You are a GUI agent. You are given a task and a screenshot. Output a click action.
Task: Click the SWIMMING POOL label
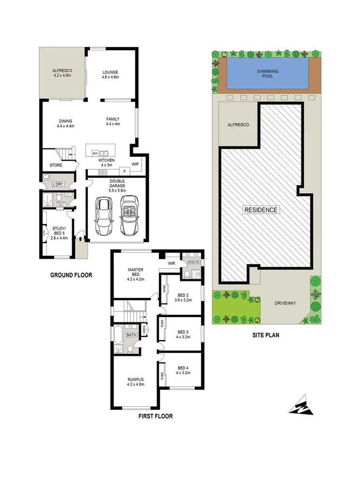[267, 74]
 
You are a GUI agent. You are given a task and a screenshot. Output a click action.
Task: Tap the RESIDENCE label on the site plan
[260, 210]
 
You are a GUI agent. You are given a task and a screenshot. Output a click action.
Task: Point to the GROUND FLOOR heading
[71, 275]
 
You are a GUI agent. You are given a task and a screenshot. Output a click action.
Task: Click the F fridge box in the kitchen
[124, 171]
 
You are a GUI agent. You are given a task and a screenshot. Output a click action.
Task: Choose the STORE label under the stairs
[56, 165]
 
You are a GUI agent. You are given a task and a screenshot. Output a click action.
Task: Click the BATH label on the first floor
[131, 335]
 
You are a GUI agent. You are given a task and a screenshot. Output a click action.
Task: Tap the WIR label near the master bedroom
[171, 264]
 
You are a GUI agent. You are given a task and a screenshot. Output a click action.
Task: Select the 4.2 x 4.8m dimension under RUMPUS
[136, 385]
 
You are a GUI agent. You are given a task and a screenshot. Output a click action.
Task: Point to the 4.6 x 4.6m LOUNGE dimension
[110, 77]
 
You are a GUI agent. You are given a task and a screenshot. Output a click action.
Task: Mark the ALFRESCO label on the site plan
[238, 125]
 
